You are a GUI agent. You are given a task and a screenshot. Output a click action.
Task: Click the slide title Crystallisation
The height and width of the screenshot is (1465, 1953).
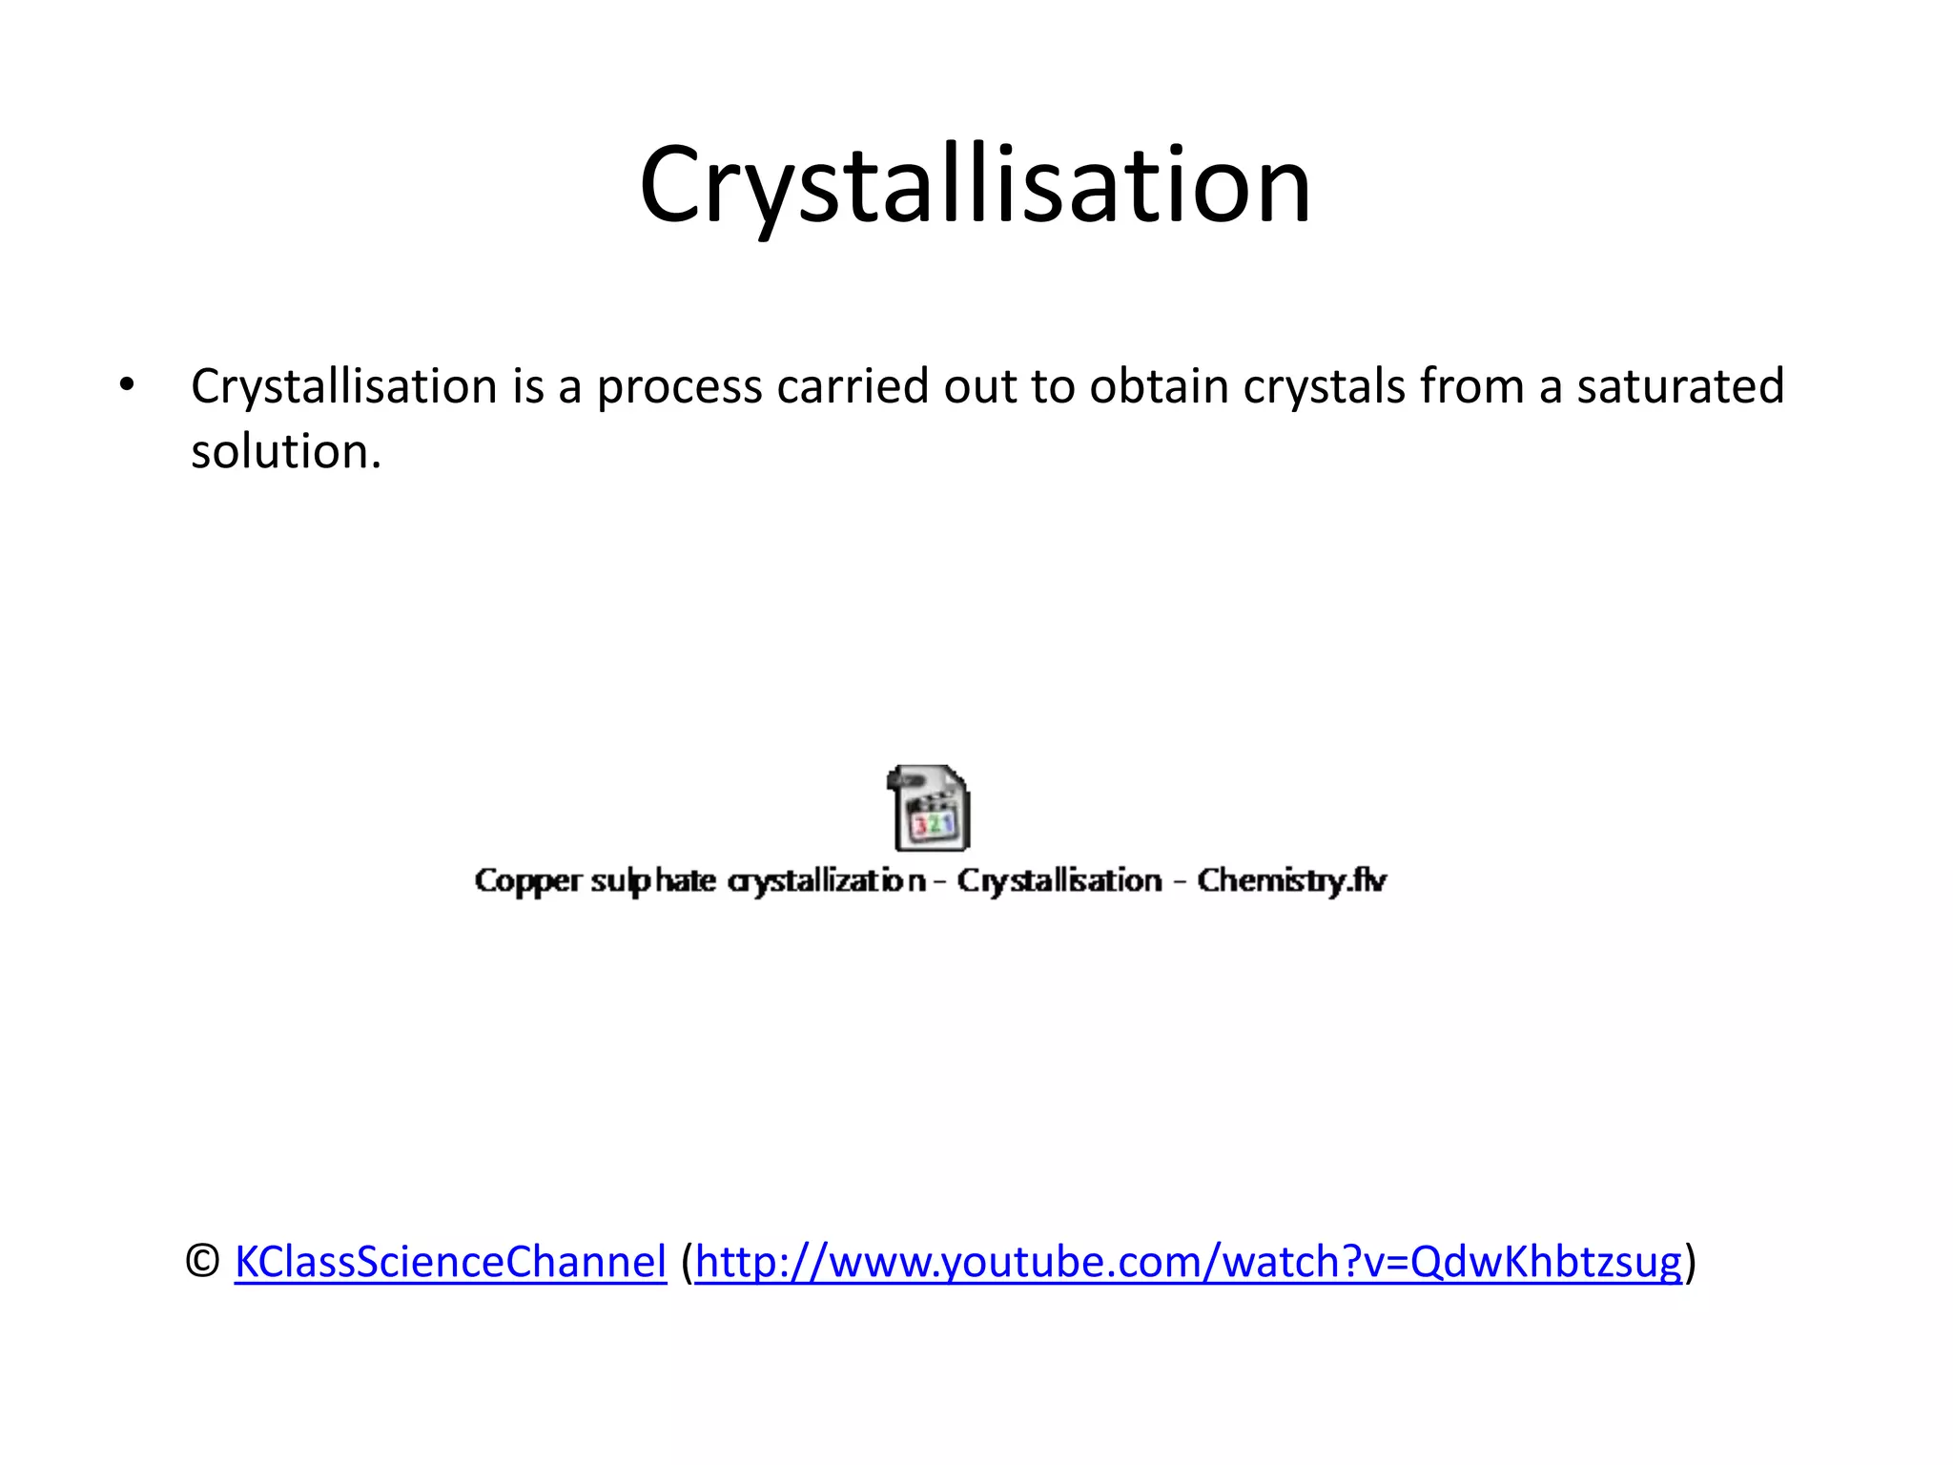pos(975,186)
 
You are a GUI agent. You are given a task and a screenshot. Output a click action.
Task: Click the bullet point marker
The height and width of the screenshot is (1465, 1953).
pos(127,386)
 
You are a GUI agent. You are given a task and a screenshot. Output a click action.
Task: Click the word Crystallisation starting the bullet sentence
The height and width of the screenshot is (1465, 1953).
pos(344,388)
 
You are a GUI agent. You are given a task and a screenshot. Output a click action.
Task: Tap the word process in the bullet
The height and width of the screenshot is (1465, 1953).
pos(679,388)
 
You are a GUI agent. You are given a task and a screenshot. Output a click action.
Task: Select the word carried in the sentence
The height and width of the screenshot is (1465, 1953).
pos(853,386)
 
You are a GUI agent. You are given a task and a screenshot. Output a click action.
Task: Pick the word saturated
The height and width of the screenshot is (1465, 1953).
pos(1679,386)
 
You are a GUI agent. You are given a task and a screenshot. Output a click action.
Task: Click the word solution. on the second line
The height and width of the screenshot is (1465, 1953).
pos(286,451)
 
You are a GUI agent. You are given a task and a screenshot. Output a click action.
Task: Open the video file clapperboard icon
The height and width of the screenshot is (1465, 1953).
pos(928,808)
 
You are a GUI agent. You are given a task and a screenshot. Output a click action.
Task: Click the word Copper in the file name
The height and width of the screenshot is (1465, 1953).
pos(527,880)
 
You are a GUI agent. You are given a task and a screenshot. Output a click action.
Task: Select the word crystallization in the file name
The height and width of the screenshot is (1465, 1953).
pos(826,880)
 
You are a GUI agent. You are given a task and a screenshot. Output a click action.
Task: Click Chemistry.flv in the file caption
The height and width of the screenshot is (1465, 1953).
pos(1291,880)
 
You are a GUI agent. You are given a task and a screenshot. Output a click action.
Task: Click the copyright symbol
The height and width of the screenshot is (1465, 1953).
pos(201,1262)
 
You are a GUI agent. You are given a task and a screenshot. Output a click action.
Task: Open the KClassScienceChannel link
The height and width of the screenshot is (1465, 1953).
pos(450,1262)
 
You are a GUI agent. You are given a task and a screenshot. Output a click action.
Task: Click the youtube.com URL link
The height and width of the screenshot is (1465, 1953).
pos(1188,1262)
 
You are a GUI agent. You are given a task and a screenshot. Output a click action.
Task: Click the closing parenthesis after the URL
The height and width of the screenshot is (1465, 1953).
pos(1691,1262)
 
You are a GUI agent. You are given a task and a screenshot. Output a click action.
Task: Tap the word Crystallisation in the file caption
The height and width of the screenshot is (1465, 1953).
pos(1059,880)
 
